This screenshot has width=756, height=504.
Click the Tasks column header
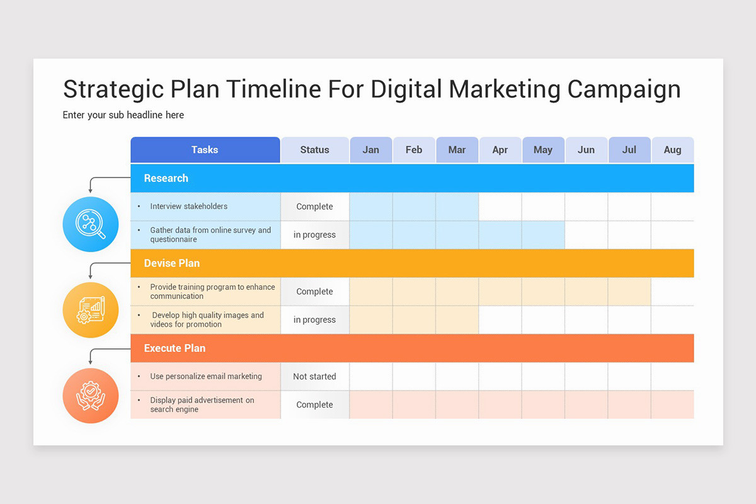click(205, 150)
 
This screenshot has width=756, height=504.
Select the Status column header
click(314, 150)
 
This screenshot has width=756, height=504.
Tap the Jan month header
click(371, 150)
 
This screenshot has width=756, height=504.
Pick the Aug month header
click(672, 150)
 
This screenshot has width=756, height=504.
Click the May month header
click(543, 150)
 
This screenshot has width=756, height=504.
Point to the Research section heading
click(166, 178)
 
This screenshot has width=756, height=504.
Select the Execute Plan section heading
click(175, 348)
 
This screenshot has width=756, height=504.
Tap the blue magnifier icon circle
click(91, 224)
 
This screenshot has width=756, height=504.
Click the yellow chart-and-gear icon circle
click(91, 309)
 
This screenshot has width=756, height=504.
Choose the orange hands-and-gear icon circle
click(91, 395)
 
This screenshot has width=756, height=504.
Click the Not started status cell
click(314, 377)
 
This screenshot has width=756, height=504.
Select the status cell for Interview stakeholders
click(314, 207)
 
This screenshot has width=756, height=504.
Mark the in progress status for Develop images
click(314, 320)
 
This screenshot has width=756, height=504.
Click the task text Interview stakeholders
click(188, 207)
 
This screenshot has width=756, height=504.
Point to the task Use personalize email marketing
click(205, 377)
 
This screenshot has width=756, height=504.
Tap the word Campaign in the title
click(624, 89)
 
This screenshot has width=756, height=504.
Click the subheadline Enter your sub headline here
click(123, 115)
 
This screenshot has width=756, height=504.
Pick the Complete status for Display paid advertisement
click(314, 405)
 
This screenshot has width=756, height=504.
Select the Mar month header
click(457, 150)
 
